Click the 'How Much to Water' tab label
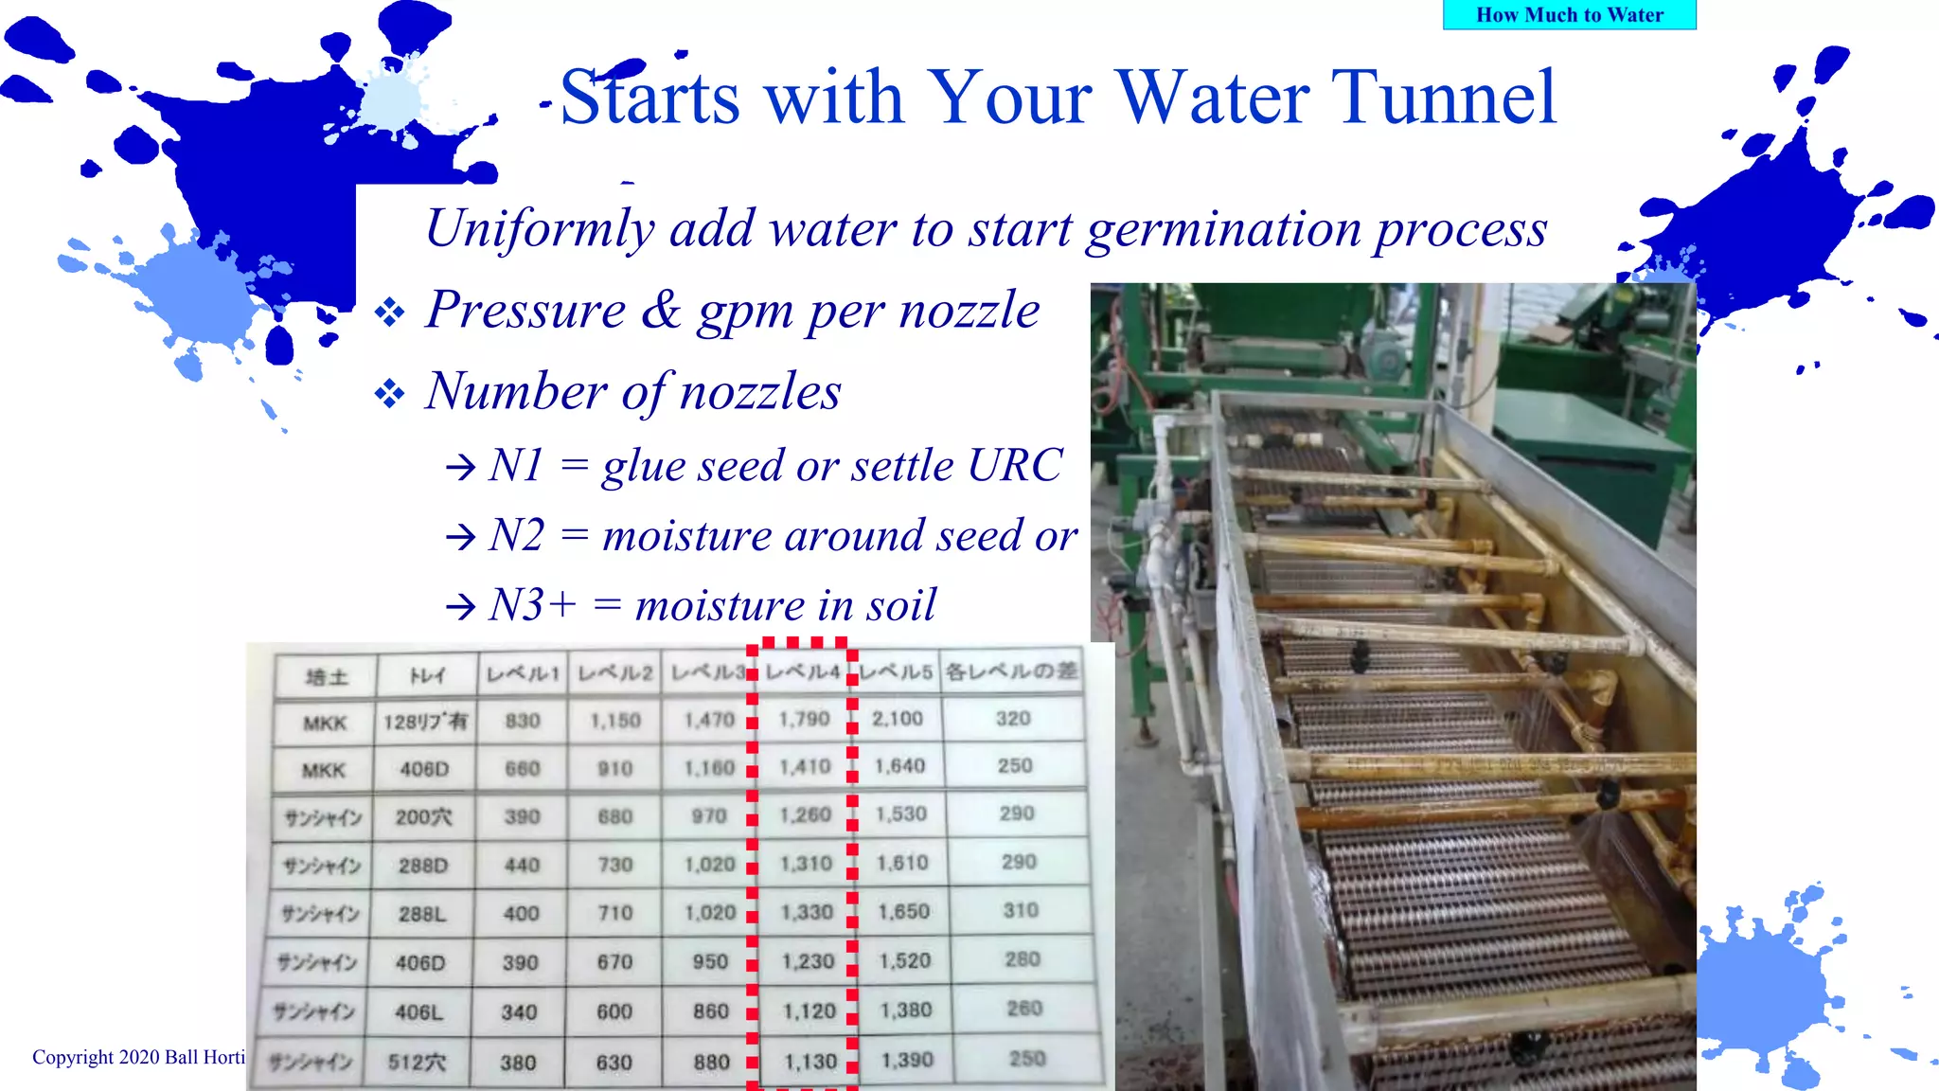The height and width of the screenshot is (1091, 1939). click(x=1569, y=15)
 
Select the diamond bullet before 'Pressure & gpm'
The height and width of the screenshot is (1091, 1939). click(x=389, y=312)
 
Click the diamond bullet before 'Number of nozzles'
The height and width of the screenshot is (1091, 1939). click(x=389, y=393)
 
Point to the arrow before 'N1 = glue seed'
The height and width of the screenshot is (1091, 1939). click(x=461, y=467)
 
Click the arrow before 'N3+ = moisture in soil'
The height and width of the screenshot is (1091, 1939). click(x=461, y=606)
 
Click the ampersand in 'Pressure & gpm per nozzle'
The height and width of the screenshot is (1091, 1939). click(x=661, y=310)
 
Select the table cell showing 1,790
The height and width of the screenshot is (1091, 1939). click(x=804, y=720)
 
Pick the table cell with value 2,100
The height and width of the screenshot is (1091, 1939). click(x=898, y=719)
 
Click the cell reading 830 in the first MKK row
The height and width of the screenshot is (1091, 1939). click(x=523, y=722)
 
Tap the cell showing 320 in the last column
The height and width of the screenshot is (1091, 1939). click(x=1013, y=719)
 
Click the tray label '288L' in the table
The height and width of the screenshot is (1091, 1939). click(x=422, y=914)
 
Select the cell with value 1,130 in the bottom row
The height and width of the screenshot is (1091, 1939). click(x=810, y=1062)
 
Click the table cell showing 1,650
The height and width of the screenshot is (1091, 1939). click(x=903, y=911)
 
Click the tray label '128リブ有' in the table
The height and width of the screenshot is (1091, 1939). click(x=425, y=722)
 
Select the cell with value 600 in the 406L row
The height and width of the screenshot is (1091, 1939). click(x=614, y=1011)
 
